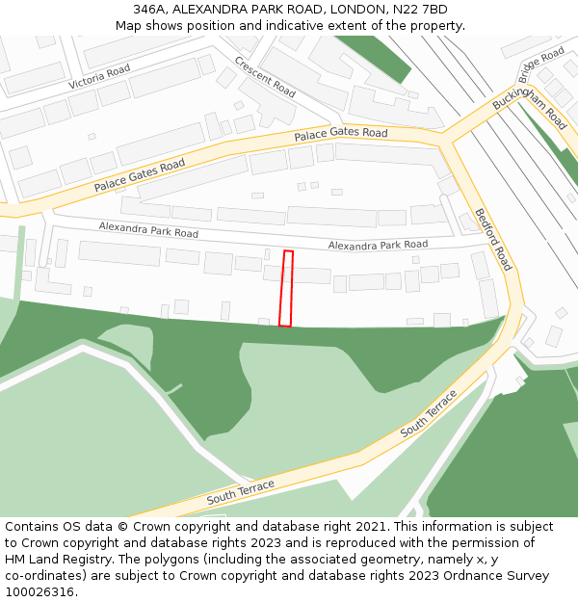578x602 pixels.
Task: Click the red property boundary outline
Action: (x=285, y=289)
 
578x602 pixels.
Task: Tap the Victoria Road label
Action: (x=99, y=78)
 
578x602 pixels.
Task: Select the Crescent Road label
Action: (x=265, y=75)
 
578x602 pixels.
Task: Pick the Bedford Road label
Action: (x=493, y=239)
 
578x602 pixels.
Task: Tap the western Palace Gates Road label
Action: (x=139, y=175)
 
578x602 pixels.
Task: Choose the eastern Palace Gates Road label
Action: (x=340, y=134)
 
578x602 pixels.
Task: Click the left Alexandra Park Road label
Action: (x=148, y=230)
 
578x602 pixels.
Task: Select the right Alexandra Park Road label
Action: (x=378, y=246)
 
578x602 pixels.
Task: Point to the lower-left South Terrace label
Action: (x=240, y=491)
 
